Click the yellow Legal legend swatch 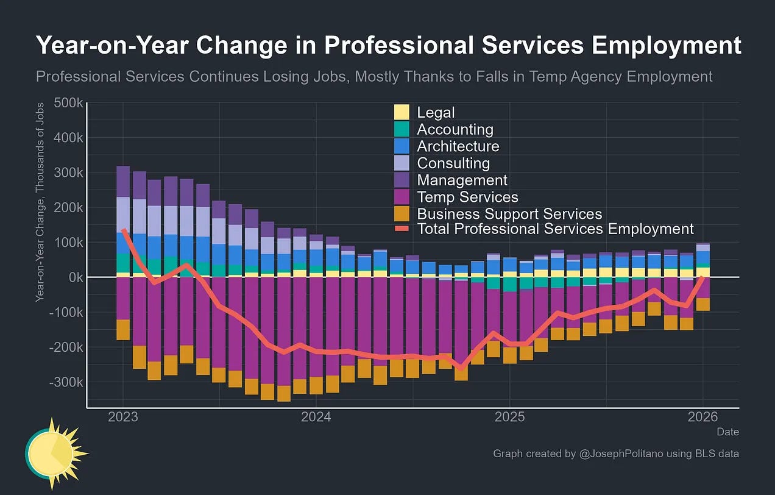(x=402, y=112)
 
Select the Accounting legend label (x=455, y=129)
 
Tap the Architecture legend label (x=458, y=146)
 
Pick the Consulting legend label (x=453, y=163)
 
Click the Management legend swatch (x=402, y=180)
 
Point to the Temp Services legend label (x=467, y=197)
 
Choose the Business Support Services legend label (x=509, y=214)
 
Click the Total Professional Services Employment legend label (x=555, y=229)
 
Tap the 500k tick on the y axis (x=68, y=103)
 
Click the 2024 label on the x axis (x=316, y=418)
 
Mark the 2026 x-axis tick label (x=702, y=418)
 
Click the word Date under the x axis (x=727, y=432)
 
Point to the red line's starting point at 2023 (x=123, y=230)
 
